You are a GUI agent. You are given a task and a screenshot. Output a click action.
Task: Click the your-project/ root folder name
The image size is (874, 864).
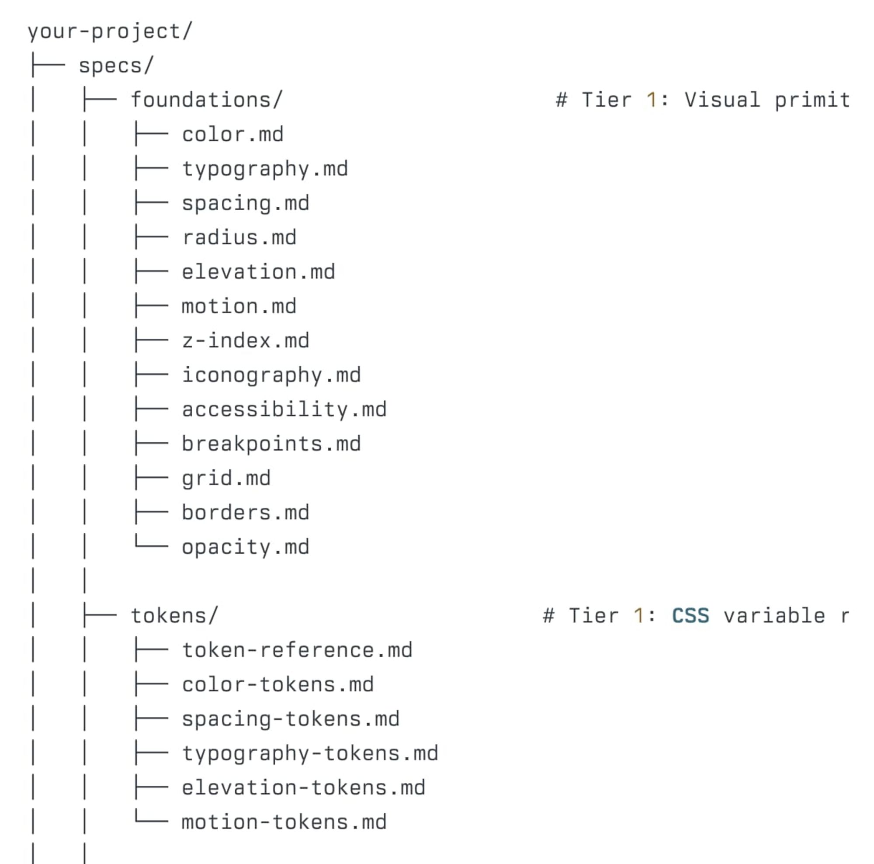(x=111, y=31)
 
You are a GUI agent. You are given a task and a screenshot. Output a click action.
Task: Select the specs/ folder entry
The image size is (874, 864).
(x=116, y=66)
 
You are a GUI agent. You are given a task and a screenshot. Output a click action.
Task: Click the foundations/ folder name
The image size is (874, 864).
(x=207, y=100)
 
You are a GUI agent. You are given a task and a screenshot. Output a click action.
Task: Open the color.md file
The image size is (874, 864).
(x=232, y=134)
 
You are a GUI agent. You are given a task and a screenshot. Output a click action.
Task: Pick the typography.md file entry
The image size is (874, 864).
(x=265, y=169)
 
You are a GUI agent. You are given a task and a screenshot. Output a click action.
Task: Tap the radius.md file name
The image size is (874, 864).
(x=239, y=237)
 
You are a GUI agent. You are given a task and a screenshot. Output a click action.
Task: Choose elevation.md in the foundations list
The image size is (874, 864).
(x=258, y=272)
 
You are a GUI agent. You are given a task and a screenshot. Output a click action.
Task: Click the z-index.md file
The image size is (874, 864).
(x=246, y=340)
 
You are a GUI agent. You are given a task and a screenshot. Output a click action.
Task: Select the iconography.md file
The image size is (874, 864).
(x=271, y=375)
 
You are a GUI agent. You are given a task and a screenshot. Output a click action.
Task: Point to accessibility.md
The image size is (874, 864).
(x=284, y=410)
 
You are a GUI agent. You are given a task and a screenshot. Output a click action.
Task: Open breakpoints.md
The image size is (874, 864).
(x=271, y=444)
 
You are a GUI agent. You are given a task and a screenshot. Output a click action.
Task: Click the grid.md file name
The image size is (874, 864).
(x=226, y=479)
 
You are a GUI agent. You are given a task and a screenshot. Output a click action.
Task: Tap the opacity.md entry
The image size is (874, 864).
(x=246, y=547)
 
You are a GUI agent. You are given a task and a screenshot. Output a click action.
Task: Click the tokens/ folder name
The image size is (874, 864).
(x=175, y=616)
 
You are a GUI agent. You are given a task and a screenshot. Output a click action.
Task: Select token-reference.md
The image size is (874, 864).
(x=297, y=650)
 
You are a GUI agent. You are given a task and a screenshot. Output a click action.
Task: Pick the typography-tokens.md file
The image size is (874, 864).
(x=310, y=753)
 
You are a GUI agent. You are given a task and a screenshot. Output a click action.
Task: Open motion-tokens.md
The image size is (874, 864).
(x=284, y=822)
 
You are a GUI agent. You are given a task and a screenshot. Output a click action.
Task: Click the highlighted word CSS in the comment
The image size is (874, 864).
(x=690, y=616)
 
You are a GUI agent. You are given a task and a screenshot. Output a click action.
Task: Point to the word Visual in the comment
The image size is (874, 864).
(x=722, y=100)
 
